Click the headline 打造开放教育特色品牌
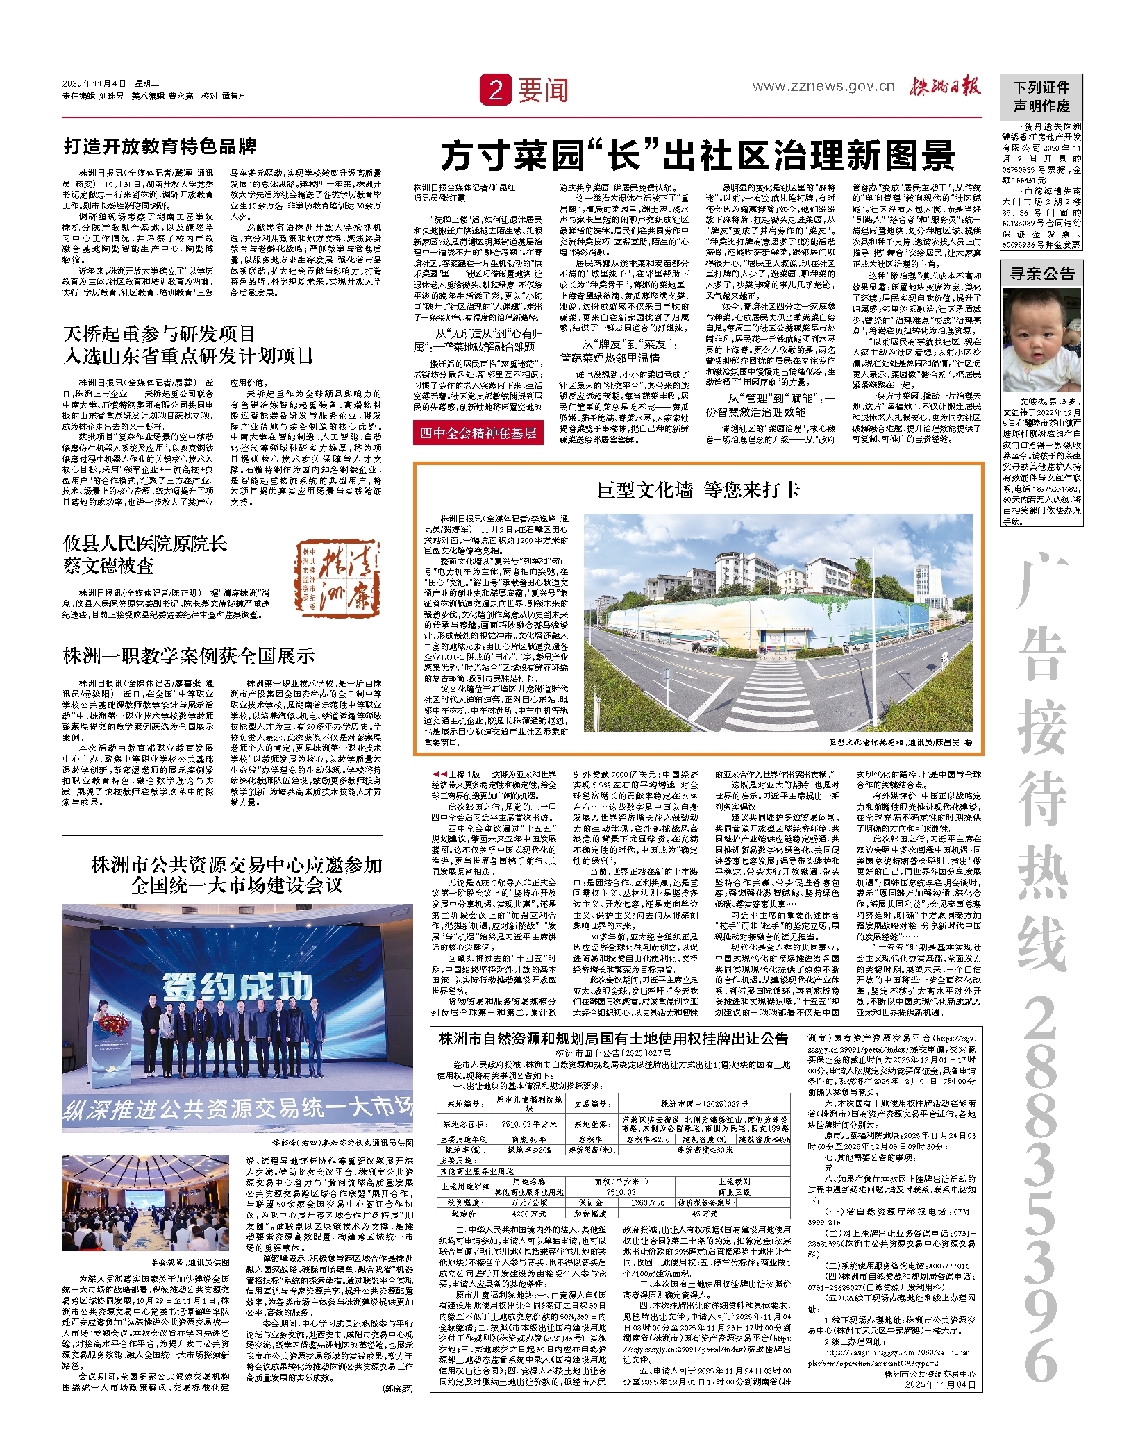click(x=160, y=146)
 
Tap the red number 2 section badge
click(x=495, y=90)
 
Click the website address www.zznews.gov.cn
click(x=824, y=86)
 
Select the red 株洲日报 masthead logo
click(x=946, y=87)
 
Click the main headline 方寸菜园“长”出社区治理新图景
click(x=698, y=155)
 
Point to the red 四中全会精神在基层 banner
click(x=478, y=433)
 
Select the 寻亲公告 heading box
click(x=1041, y=274)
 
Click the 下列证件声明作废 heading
click(x=1041, y=97)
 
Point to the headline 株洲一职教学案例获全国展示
click(x=189, y=655)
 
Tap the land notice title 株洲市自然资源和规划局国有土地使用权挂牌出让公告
click(x=614, y=1039)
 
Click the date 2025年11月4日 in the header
click(x=94, y=83)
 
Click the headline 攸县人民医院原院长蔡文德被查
click(x=145, y=554)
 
